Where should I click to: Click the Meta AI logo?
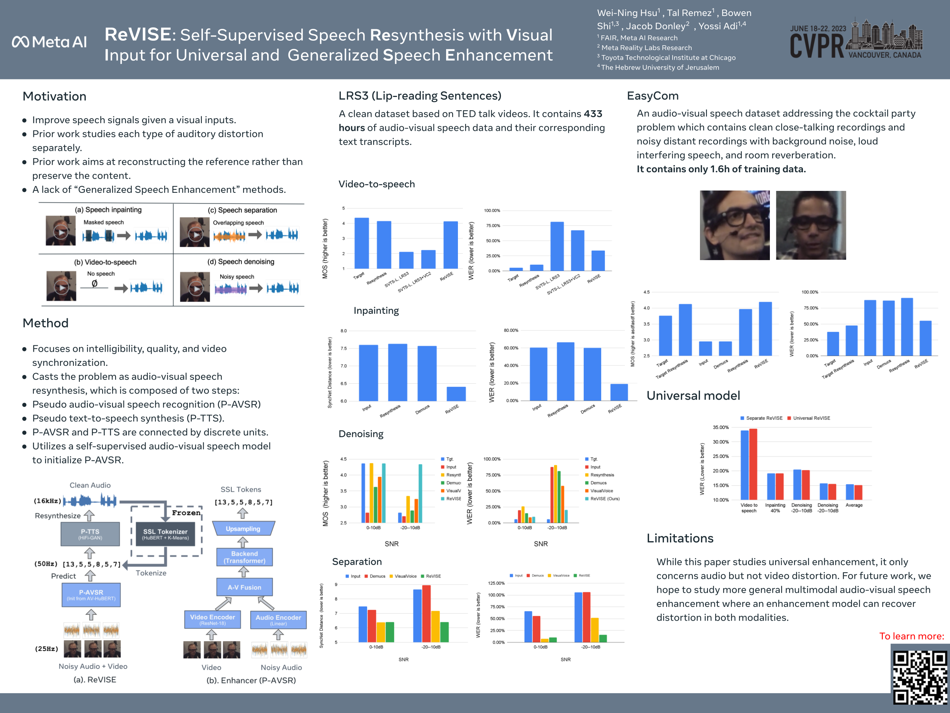(49, 42)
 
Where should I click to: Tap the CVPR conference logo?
(855, 40)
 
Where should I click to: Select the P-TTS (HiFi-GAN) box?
(90, 534)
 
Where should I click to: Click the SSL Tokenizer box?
(165, 534)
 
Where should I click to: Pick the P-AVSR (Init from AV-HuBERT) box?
(91, 595)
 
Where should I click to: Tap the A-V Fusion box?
(244, 587)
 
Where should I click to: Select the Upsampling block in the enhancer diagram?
(243, 529)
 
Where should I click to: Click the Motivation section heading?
(55, 96)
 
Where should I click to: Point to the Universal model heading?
(693, 395)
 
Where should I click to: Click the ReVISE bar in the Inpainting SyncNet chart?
(456, 394)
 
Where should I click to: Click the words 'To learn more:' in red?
(911, 636)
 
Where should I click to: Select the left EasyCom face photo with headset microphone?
(735, 225)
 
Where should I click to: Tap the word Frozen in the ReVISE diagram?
(186, 513)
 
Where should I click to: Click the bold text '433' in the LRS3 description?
(593, 114)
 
